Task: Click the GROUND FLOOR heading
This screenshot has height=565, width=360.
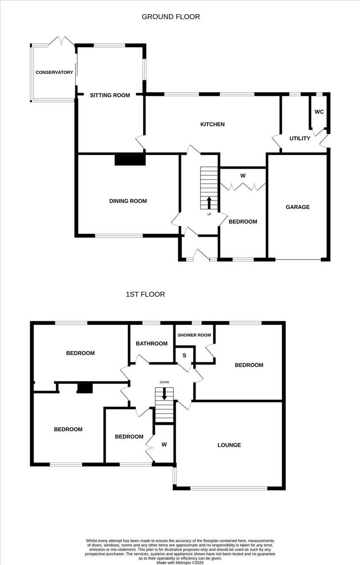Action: pyautogui.click(x=171, y=17)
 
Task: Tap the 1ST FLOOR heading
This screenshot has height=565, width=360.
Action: pyautogui.click(x=145, y=294)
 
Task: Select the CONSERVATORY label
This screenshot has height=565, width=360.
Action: pyautogui.click(x=54, y=72)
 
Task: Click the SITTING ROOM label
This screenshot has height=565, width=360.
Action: pyautogui.click(x=110, y=95)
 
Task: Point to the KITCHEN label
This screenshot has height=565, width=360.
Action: pyautogui.click(x=212, y=124)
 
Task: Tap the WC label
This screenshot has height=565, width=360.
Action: pyautogui.click(x=319, y=112)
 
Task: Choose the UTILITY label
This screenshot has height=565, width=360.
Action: pyautogui.click(x=299, y=139)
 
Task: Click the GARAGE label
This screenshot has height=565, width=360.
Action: pyautogui.click(x=298, y=207)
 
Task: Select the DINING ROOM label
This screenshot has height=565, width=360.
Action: pyautogui.click(x=128, y=201)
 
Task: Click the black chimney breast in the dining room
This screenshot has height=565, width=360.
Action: pyautogui.click(x=130, y=160)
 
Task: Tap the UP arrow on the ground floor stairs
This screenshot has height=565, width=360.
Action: pyautogui.click(x=209, y=203)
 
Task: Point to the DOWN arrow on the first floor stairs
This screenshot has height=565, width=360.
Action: pyautogui.click(x=164, y=394)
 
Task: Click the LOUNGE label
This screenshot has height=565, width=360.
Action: pyautogui.click(x=229, y=445)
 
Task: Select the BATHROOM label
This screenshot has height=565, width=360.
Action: pyautogui.click(x=152, y=343)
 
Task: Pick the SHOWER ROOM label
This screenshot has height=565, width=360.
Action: pyautogui.click(x=194, y=335)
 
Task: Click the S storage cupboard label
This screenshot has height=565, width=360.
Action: pyautogui.click(x=184, y=355)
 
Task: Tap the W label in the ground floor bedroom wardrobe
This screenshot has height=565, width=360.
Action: pyautogui.click(x=243, y=176)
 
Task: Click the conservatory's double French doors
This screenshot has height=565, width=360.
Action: pyautogui.click(x=61, y=41)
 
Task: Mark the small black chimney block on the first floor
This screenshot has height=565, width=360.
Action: pyautogui.click(x=85, y=388)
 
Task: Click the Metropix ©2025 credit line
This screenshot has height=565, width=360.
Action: pyautogui.click(x=180, y=563)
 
